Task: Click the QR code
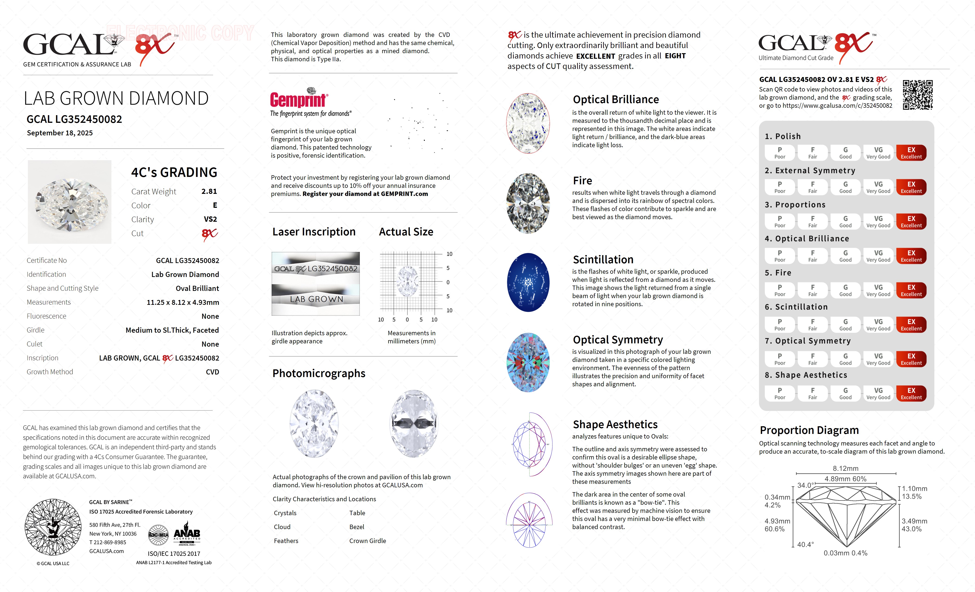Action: pyautogui.click(x=917, y=95)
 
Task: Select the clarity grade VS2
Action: pyautogui.click(x=210, y=219)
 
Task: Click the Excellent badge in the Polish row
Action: pyautogui.click(x=911, y=153)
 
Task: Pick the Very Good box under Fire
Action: pyautogui.click(x=878, y=290)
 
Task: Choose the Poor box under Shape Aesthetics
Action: pyautogui.click(x=780, y=393)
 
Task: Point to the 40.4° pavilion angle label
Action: pyautogui.click(x=805, y=544)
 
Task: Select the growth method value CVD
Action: pyautogui.click(x=212, y=372)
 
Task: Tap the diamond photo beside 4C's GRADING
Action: pyautogui.click(x=70, y=202)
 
